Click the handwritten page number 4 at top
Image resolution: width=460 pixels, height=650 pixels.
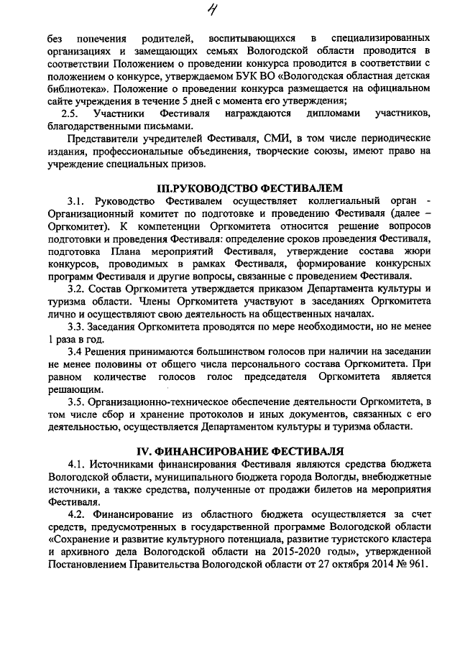[232, 10]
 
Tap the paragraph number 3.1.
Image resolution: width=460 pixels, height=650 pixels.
[76, 201]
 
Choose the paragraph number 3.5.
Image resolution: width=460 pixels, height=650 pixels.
[76, 402]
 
